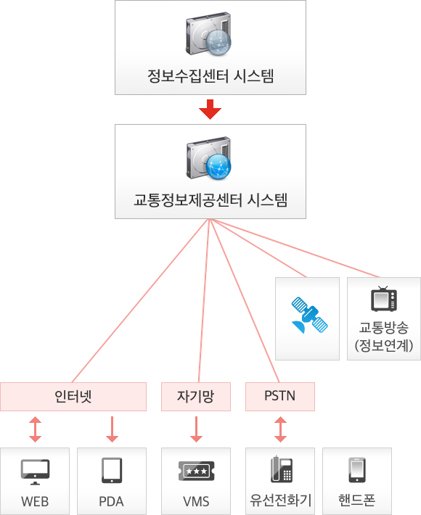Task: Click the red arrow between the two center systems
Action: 210,109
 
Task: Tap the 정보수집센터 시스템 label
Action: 210,75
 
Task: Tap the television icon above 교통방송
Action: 383,299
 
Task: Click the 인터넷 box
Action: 73,396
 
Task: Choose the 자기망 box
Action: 195,396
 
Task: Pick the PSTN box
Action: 280,396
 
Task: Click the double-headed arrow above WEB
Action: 35,429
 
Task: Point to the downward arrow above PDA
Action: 111,429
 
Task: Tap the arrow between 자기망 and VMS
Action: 195,429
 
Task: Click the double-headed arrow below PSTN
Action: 280,429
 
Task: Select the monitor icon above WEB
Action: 35,471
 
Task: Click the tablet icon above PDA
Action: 111,470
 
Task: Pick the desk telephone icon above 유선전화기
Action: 280,469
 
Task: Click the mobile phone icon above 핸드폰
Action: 356,470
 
